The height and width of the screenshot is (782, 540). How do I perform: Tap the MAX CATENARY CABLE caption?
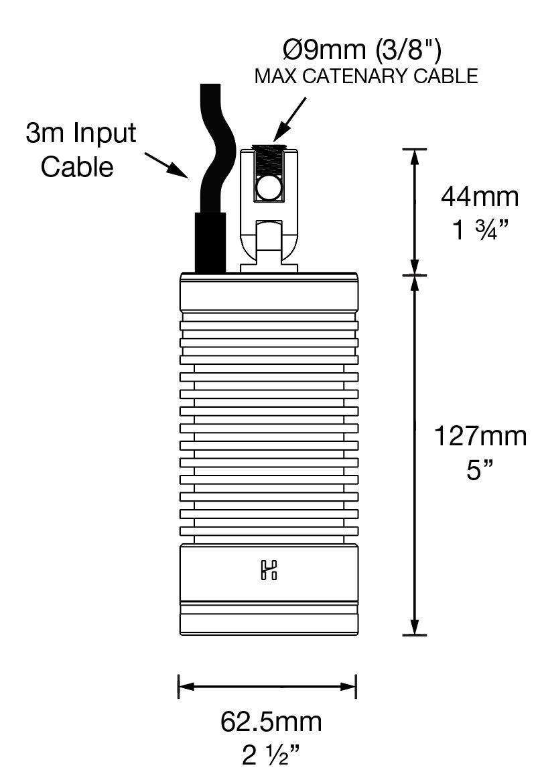coord(366,76)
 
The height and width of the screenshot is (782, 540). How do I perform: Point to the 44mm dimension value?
coord(480,197)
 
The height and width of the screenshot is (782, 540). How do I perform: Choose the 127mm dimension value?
coord(480,437)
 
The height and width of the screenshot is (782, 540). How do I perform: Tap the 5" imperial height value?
coord(480,471)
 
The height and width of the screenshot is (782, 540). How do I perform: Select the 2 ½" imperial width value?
coord(271,757)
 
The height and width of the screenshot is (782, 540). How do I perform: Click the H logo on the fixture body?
coord(269,571)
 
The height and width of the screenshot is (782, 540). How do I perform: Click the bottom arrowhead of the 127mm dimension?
coord(415,627)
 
